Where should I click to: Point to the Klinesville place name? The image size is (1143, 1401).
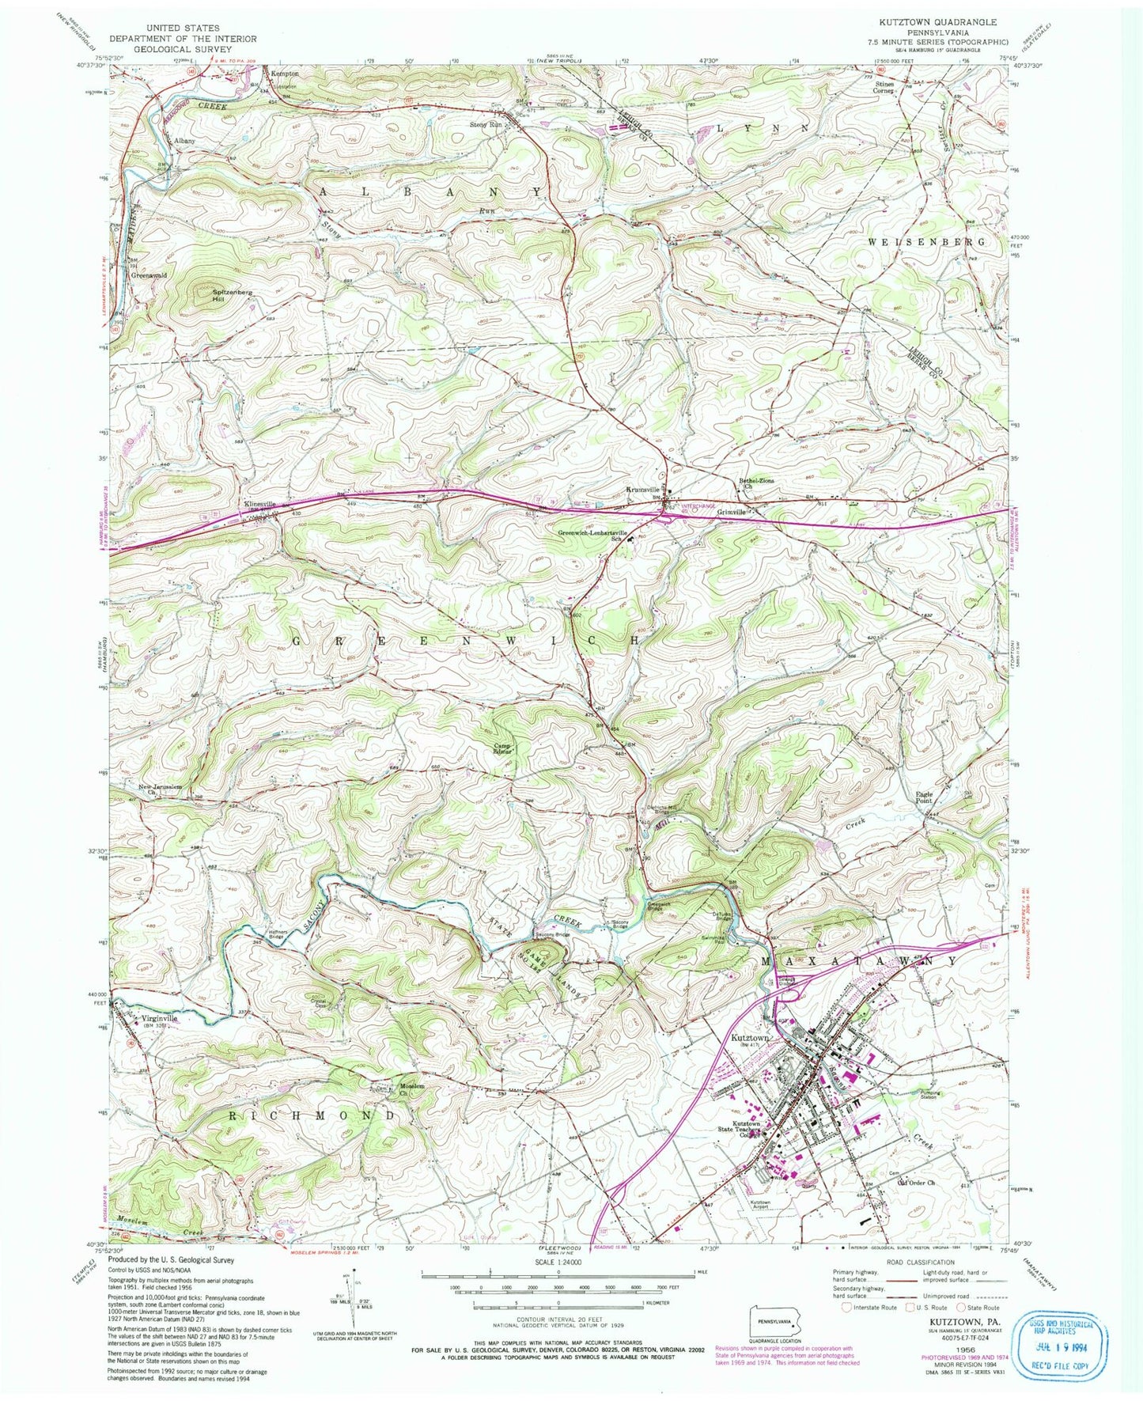point(259,503)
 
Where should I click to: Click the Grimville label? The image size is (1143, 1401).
point(732,512)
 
